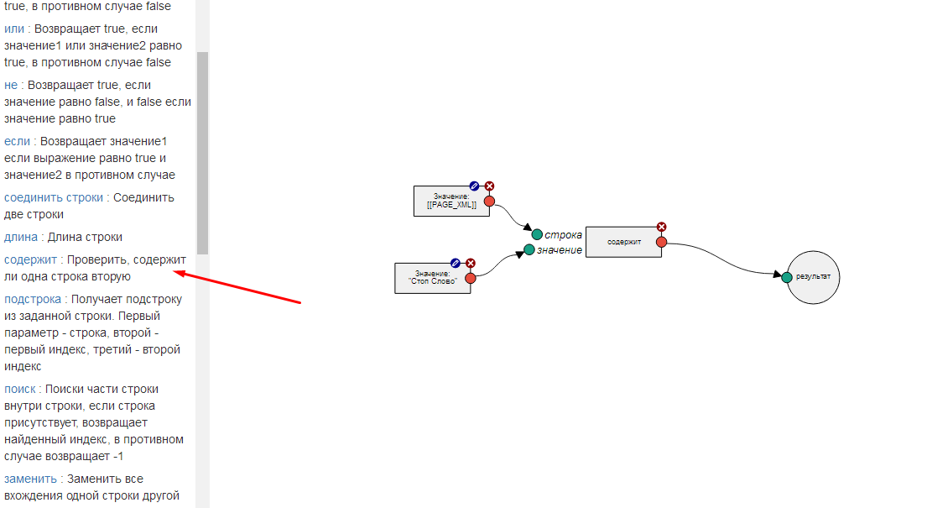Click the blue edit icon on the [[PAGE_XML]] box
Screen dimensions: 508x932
click(474, 186)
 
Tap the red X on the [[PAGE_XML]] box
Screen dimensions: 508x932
click(489, 186)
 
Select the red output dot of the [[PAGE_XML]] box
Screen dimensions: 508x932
click(489, 201)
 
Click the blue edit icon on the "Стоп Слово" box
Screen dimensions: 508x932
click(456, 263)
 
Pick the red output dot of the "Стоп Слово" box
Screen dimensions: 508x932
click(471, 278)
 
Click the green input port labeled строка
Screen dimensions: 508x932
click(536, 234)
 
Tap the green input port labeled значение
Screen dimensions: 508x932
click(529, 249)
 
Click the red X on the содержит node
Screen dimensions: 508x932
click(661, 227)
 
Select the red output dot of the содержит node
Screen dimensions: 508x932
click(661, 242)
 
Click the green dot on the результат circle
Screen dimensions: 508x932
click(787, 277)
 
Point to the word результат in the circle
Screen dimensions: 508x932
click(813, 277)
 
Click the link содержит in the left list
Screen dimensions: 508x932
click(30, 259)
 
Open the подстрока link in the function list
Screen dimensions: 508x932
click(33, 299)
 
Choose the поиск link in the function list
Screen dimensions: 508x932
click(20, 389)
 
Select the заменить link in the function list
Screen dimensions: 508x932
click(30, 479)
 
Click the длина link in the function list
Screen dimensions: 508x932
click(21, 237)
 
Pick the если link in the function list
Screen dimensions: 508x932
click(17, 141)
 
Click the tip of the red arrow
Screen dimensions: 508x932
click(174, 271)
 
